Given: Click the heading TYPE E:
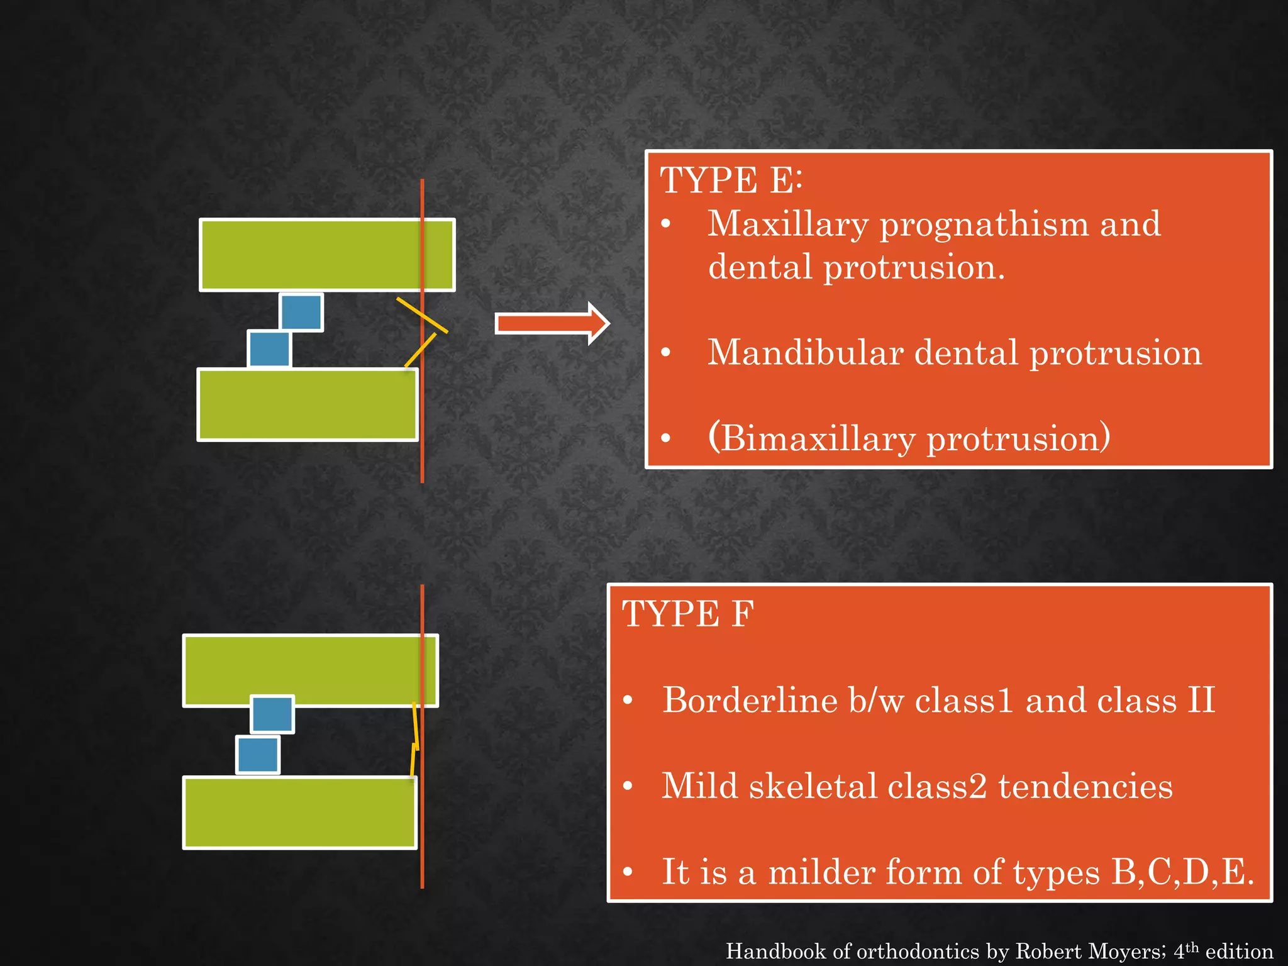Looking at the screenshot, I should click(x=731, y=180).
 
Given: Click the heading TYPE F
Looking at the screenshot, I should click(x=687, y=614).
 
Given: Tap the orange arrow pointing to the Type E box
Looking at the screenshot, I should click(x=552, y=323).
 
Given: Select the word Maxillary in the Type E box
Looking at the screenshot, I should click(x=787, y=225).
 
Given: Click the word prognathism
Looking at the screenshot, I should click(x=984, y=225).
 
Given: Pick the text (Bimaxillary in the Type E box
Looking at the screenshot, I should click(x=811, y=438).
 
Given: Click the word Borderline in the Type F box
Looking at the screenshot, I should click(x=750, y=701).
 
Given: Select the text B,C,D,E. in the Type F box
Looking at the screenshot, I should click(x=1182, y=872).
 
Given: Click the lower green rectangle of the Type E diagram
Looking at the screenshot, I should click(x=308, y=404).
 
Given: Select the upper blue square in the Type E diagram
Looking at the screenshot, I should click(x=301, y=312).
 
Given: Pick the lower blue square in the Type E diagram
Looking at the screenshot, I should click(x=269, y=349).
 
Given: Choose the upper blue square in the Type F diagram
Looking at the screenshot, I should click(x=272, y=714).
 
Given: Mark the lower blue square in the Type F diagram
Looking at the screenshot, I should click(x=258, y=755).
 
